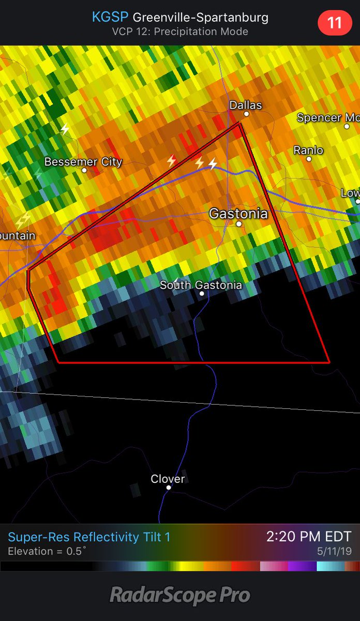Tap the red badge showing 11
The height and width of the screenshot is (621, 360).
335,23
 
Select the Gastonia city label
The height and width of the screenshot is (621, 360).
238,213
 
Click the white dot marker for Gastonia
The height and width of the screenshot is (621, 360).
239,224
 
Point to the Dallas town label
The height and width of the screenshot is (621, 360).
246,105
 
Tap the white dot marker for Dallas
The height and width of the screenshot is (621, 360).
247,114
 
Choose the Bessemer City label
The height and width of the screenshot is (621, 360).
83,161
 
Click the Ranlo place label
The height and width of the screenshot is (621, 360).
308,150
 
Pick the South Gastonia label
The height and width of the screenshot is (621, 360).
201,285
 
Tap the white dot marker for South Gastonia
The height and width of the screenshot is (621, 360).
202,293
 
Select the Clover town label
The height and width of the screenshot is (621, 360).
168,479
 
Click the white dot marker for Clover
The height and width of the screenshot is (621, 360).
168,487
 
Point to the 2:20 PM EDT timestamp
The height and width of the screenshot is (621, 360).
309,537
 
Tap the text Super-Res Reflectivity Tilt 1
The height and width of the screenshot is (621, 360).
89,537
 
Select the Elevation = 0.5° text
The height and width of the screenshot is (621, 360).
46,551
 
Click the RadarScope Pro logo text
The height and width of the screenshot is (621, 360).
180,595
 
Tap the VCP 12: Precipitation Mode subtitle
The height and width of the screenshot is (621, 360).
180,32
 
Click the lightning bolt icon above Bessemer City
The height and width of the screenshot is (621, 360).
65,129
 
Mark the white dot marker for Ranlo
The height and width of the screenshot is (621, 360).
309,159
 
